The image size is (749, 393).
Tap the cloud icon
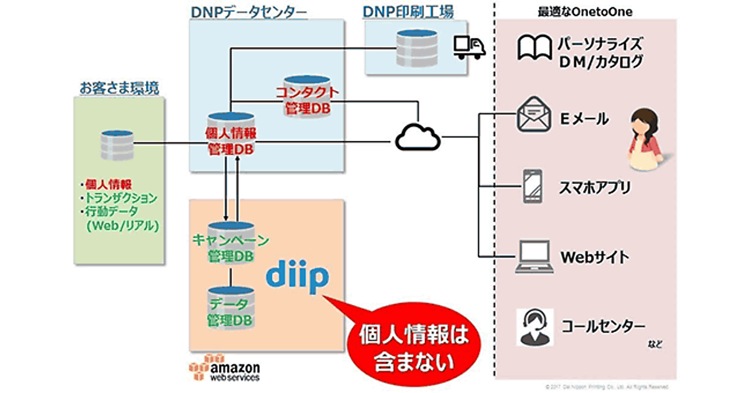(418, 135)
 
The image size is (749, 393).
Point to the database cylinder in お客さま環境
(118, 145)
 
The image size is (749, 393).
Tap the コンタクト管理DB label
(308, 100)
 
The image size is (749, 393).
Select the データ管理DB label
(230, 311)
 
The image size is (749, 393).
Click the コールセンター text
(603, 326)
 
